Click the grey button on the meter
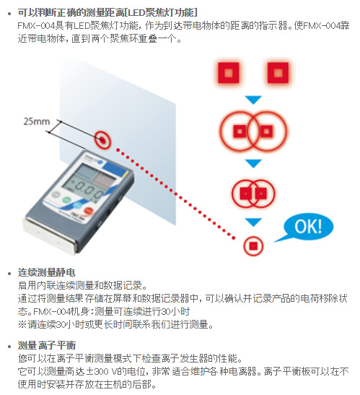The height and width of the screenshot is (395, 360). point(56,195)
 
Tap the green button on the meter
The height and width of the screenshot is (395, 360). point(66,200)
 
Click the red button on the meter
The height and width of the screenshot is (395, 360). point(88,211)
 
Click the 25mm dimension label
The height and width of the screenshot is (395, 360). point(37,121)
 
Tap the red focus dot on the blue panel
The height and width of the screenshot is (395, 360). point(102,139)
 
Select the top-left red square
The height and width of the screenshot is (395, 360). point(228,73)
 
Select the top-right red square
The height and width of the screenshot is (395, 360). point(278,73)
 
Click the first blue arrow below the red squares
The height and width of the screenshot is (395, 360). point(253,100)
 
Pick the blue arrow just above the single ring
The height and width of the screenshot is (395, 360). point(253,222)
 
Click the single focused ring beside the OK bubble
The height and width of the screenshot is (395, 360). point(253,246)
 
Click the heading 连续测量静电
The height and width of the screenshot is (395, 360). point(47,272)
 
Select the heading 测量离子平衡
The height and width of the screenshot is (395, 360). point(47,345)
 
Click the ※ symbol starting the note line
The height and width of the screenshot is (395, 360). point(22,324)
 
